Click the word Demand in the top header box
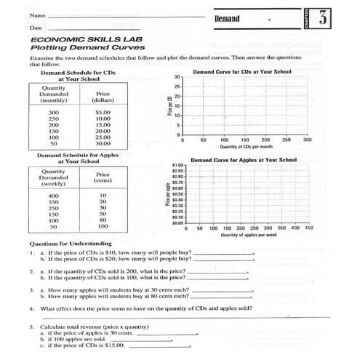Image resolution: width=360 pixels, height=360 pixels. (x=227, y=17)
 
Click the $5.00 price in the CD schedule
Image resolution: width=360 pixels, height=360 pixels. (x=102, y=113)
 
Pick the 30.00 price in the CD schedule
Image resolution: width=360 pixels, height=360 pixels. (x=102, y=143)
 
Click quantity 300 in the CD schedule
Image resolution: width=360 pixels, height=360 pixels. (x=53, y=113)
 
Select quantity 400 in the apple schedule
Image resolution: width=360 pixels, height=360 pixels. (x=53, y=196)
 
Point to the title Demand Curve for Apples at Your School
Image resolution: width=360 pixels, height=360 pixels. (x=244, y=159)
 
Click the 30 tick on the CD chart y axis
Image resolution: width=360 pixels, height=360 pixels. (x=177, y=77)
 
